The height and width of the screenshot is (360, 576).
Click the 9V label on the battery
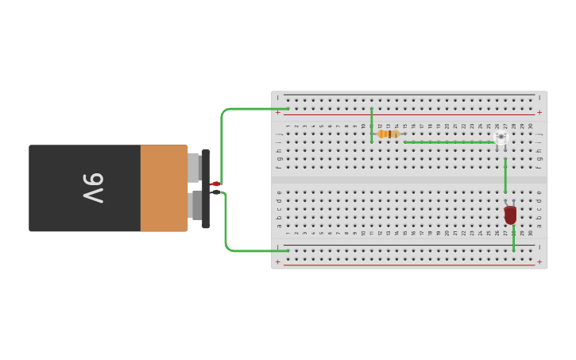pos(92,188)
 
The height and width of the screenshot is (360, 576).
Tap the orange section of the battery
pos(164,188)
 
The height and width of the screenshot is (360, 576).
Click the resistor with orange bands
pos(389,134)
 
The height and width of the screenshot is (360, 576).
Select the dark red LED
pos(510,215)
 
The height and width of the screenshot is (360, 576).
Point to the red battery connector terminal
pos(215,184)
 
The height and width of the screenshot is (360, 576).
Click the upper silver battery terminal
pos(194,167)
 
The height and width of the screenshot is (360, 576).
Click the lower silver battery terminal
pos(194,205)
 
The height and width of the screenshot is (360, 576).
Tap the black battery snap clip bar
pos(206,188)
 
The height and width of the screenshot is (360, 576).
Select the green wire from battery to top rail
pos(223,127)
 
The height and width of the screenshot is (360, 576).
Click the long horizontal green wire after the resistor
pos(449,142)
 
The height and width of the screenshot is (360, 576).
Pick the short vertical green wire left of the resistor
pos(371,126)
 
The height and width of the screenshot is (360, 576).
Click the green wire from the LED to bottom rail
pos(513,239)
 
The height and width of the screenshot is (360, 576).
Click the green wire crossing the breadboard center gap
pos(505,176)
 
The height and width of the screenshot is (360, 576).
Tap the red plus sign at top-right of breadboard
pos(539,113)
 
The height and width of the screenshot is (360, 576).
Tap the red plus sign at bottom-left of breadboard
pos(277,261)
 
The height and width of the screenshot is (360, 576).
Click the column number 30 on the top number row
pos(531,126)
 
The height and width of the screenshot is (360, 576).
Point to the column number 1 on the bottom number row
pos(288,233)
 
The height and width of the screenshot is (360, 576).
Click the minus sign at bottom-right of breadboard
pos(539,247)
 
